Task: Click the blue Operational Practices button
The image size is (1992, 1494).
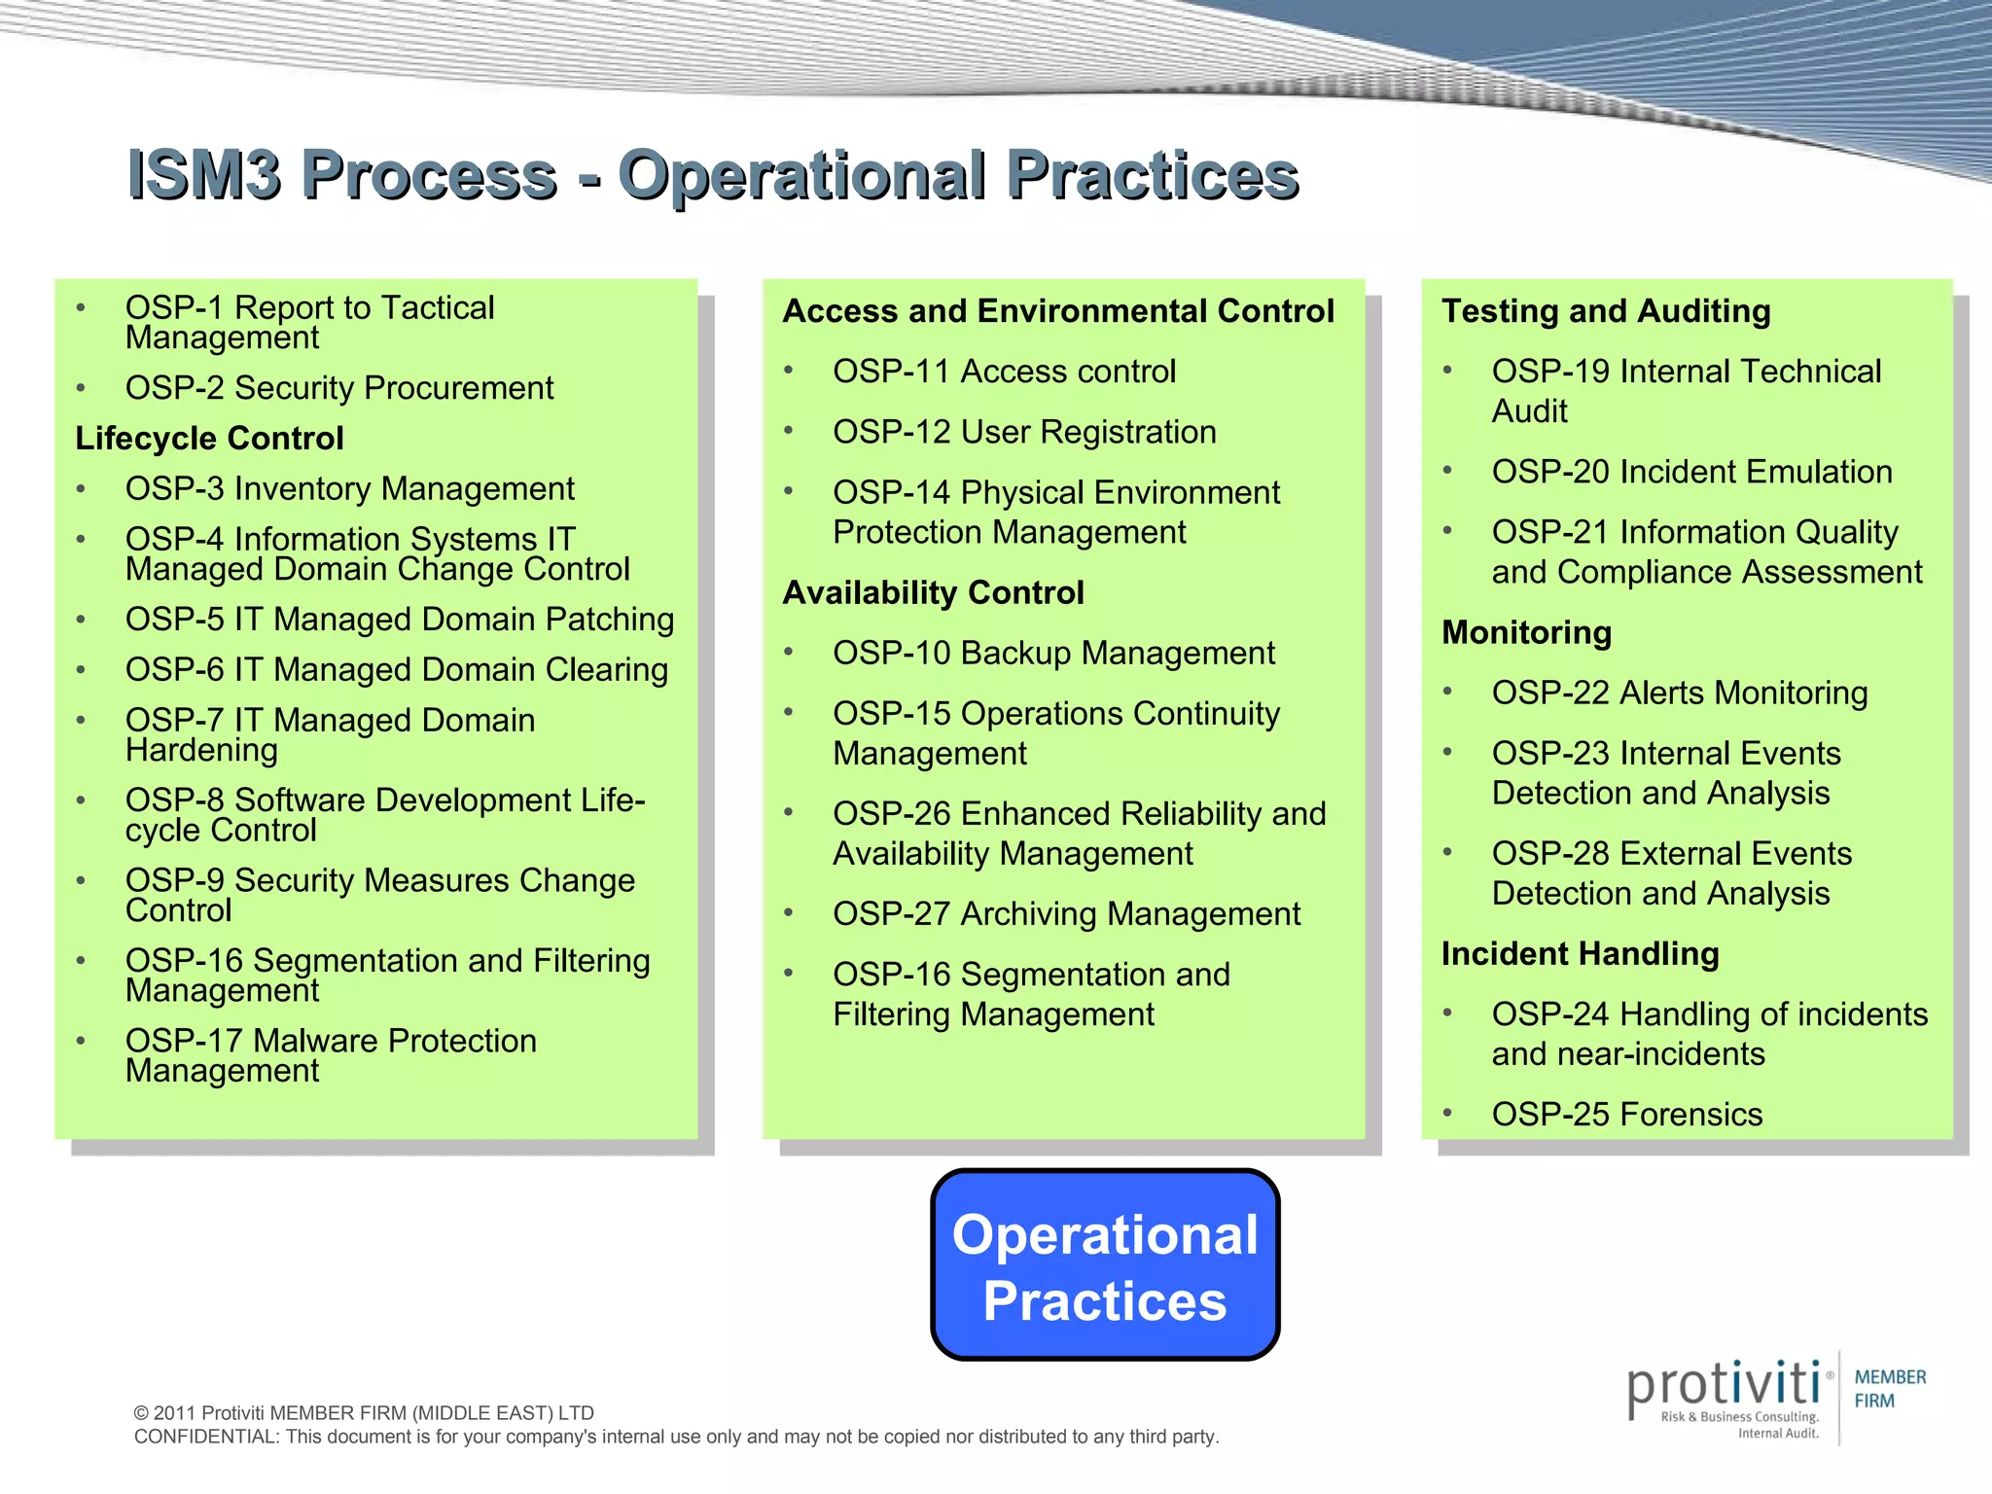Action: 1105,1265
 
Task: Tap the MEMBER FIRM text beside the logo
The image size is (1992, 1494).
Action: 1889,1389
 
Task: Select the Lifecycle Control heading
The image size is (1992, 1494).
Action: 209,439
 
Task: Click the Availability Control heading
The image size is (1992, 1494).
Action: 933,593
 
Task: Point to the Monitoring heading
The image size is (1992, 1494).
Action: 1526,633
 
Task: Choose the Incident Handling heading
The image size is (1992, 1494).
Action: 1580,954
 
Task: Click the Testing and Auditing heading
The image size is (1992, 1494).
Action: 1606,311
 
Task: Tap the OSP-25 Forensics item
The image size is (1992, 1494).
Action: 1626,1115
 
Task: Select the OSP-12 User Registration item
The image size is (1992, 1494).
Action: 1024,432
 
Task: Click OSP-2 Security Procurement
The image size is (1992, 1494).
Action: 338,388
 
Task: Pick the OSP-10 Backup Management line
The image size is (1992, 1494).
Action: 1053,654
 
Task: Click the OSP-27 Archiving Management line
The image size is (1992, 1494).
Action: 1066,914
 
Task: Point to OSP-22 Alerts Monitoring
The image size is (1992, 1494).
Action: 1680,694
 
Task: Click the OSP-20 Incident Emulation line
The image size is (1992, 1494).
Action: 1691,473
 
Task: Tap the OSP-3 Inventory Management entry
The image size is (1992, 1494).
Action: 349,489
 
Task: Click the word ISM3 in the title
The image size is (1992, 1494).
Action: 204,176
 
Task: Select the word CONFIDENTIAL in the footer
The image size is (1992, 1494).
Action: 205,1438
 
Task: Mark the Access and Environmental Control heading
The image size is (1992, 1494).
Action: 1058,311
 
